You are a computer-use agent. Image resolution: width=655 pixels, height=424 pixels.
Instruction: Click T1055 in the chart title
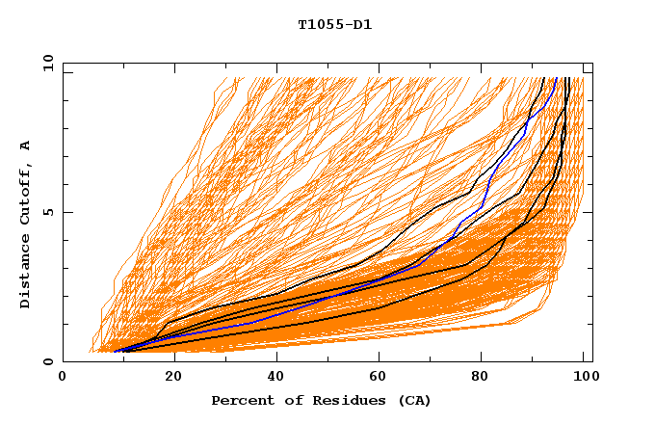tap(317, 25)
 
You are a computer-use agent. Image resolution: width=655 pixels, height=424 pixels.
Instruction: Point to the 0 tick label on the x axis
tap(63, 378)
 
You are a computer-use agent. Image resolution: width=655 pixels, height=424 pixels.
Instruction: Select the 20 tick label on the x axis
tap(168, 378)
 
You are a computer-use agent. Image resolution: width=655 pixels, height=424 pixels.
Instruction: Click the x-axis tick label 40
tap(272, 378)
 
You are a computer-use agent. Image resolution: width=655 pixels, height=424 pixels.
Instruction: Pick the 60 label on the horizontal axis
tap(377, 378)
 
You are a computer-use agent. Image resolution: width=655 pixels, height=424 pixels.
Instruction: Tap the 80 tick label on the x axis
tap(481, 378)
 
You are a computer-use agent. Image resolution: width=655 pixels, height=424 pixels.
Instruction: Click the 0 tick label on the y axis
tap(48, 362)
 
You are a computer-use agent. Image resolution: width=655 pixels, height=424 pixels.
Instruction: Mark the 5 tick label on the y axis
tap(48, 212)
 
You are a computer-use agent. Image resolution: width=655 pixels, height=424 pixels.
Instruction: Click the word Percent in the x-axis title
tap(240, 400)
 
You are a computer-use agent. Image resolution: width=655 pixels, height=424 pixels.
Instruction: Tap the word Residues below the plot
tap(338, 400)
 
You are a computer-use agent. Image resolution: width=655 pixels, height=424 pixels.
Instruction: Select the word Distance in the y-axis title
tap(25, 272)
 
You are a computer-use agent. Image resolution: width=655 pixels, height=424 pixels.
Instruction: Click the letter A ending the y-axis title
tap(25, 145)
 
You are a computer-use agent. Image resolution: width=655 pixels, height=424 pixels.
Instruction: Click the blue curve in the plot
tap(289, 310)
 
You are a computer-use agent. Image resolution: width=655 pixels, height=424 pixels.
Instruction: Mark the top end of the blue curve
tap(556, 79)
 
